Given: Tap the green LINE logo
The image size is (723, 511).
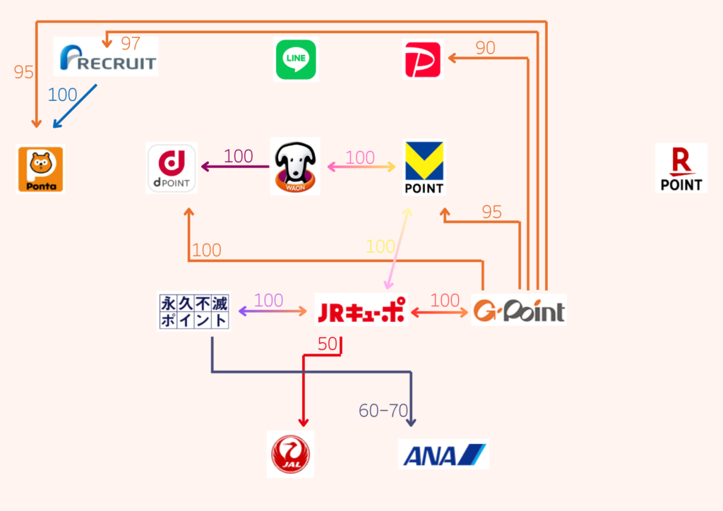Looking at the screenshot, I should pos(295,60).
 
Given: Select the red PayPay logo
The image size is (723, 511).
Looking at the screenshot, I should pos(422,59).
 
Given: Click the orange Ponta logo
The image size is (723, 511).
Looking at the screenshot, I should pos(40,169).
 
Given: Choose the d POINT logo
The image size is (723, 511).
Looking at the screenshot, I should pos(172,168).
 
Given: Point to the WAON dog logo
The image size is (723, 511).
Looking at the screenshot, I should pos(295,167).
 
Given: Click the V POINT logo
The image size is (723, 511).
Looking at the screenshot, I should pos(424,168).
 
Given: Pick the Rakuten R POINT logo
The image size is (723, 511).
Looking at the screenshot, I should pos(681,168).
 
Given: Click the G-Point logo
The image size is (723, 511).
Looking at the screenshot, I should pos(519,311).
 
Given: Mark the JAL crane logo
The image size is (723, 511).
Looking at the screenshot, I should pos(290,453).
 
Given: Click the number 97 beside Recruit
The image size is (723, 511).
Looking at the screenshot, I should pos(131,44).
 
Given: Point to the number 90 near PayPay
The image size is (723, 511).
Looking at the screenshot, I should pos(485,48).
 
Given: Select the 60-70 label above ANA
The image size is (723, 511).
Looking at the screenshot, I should pos(383,410).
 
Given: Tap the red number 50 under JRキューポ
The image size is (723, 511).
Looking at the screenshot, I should pos(328,344).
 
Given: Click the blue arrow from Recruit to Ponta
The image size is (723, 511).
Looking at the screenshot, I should pos(74,107).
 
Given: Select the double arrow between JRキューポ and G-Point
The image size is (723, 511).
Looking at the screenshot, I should pos(441,311).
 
